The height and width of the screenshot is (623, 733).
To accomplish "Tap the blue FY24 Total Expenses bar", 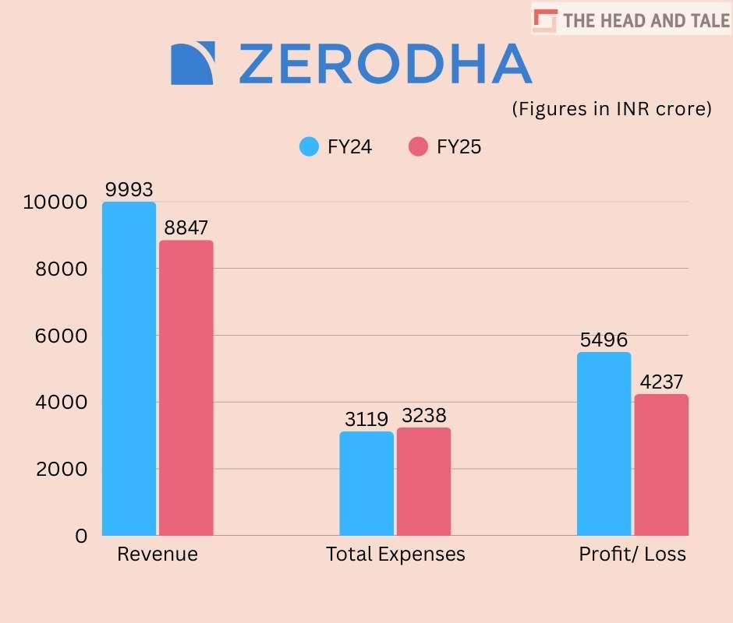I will click(x=366, y=483).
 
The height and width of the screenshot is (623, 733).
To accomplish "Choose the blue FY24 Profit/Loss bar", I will click(x=604, y=444).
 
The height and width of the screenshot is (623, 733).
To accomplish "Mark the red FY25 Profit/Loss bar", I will click(x=660, y=465).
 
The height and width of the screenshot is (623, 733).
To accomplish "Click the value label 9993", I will click(x=129, y=189).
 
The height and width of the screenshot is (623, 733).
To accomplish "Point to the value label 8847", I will click(x=186, y=228).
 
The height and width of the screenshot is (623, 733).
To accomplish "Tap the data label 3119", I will click(x=366, y=419).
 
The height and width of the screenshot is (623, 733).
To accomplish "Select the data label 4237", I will click(x=660, y=382).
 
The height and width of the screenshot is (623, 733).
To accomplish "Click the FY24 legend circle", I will click(x=309, y=146).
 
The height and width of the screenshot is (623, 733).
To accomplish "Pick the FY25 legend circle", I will click(x=418, y=146).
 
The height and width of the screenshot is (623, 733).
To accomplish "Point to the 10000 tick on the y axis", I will click(x=53, y=202).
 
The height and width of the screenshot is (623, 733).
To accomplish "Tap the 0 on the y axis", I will click(x=80, y=536).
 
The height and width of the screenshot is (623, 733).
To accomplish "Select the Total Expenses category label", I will click(x=395, y=554).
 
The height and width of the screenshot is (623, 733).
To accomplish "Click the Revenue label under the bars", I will click(x=158, y=554).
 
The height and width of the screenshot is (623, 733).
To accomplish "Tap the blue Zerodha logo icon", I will click(x=192, y=63).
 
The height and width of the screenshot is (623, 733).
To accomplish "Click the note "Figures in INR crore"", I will click(x=611, y=109).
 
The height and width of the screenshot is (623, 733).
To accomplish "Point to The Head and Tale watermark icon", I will click(x=546, y=19).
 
